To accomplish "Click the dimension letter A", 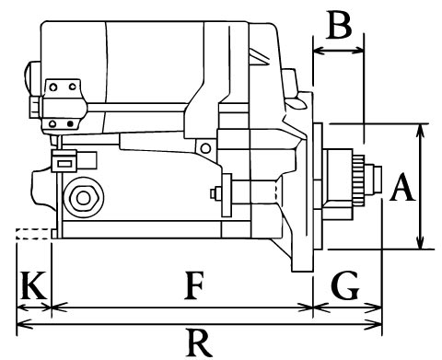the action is point(402,187).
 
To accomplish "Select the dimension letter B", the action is point(339,25).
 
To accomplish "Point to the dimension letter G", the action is point(345,285).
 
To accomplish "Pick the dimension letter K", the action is point(33,285).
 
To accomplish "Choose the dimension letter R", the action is point(200,343).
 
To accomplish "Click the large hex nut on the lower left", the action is point(83,198).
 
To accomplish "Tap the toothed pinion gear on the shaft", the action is point(359,180).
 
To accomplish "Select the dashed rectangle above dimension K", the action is point(33,234).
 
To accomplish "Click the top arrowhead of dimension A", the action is point(421,130).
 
